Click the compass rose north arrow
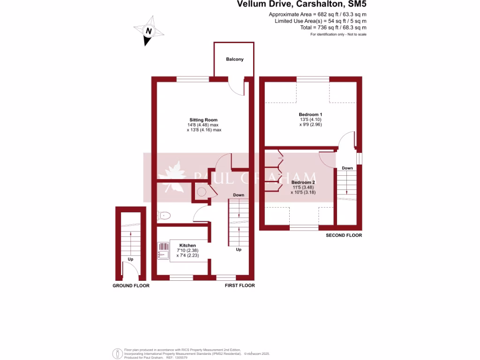[x=150, y=31]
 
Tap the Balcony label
[x=234, y=60]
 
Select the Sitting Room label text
[x=203, y=120]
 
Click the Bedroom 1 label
[x=310, y=114]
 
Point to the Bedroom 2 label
[x=303, y=182]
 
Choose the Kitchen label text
[x=187, y=245]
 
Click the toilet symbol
[x=165, y=216]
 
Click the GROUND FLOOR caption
[x=131, y=285]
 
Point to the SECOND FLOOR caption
[x=344, y=235]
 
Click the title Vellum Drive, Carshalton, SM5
[x=301, y=5]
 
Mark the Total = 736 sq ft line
[x=333, y=28]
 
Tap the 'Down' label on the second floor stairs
[x=347, y=168]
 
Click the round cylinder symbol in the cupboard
[x=202, y=192]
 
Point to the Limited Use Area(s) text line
[x=320, y=21]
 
